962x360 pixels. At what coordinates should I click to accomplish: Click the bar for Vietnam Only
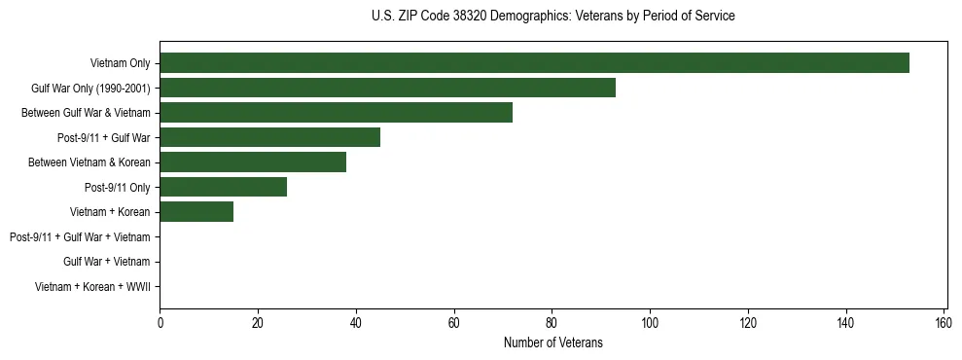(534, 63)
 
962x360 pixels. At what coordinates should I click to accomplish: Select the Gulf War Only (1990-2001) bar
(387, 88)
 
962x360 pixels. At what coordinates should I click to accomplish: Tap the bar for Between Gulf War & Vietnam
(336, 113)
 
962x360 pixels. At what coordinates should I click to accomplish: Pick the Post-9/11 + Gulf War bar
(269, 137)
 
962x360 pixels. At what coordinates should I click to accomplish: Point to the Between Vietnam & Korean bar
(253, 162)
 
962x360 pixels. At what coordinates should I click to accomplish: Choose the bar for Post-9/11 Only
(223, 187)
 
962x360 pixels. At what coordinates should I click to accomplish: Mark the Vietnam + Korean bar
(196, 212)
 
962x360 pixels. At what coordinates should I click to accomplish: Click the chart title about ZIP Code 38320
(553, 17)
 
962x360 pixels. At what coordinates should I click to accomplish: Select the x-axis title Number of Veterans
(553, 343)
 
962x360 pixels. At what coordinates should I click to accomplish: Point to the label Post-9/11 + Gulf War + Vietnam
(80, 236)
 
